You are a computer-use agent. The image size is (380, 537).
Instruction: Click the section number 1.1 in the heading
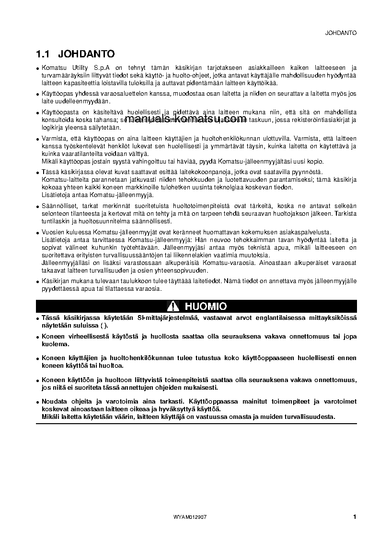pos(44,54)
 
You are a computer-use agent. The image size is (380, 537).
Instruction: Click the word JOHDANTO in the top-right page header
pos(341,33)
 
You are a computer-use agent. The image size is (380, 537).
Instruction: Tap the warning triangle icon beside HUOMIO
pos(173,306)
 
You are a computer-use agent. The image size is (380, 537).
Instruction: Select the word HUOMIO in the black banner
pos(206,306)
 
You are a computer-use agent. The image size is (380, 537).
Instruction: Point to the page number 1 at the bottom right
pos(354,516)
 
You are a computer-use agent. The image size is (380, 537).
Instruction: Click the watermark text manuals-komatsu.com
pos(185,119)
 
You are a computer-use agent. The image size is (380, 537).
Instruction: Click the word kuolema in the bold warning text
pos(55,344)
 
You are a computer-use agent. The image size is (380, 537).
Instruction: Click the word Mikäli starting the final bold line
pos(50,417)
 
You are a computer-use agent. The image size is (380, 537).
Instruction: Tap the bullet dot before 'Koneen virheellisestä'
pos(37,337)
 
